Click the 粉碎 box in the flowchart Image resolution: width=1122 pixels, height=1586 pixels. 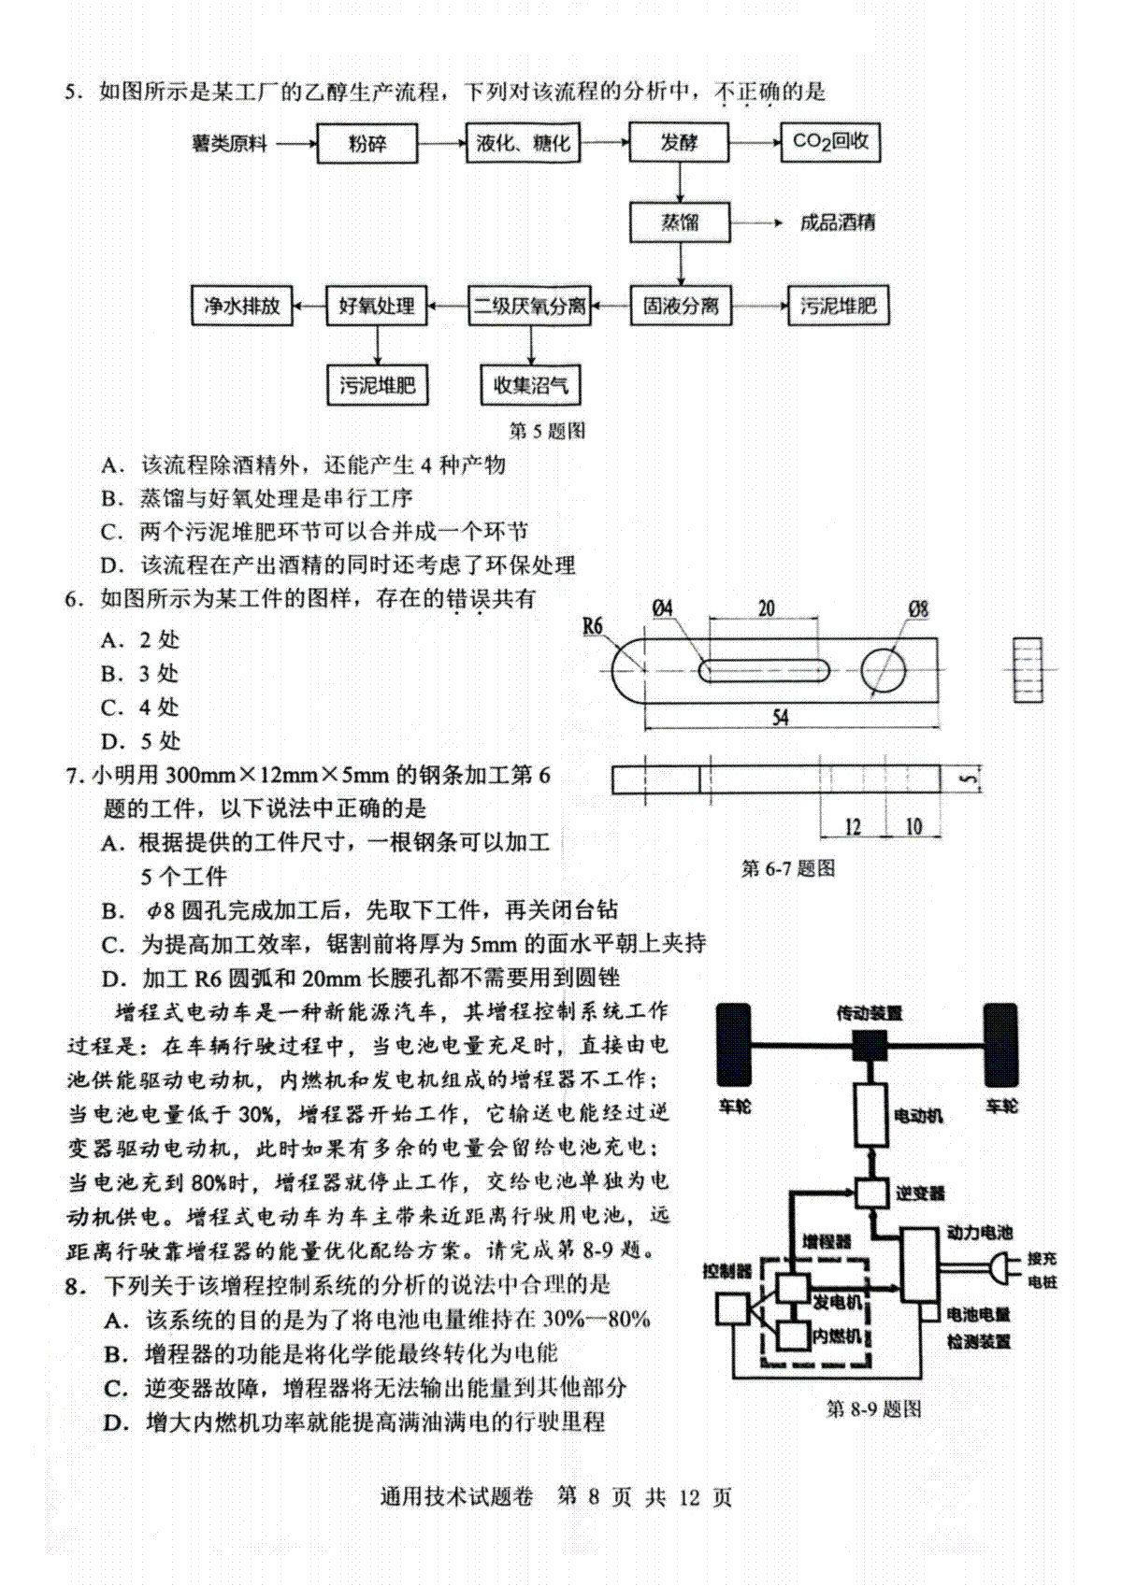pyautogui.click(x=367, y=144)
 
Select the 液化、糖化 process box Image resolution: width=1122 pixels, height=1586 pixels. pyautogui.click(x=523, y=143)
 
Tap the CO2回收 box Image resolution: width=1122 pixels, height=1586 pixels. pyautogui.click(x=830, y=142)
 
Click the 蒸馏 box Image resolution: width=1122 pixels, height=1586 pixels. pyautogui.click(x=680, y=222)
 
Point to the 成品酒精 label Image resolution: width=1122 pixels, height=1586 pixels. pyautogui.click(x=837, y=222)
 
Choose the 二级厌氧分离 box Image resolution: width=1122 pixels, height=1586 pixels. pyautogui.click(x=529, y=306)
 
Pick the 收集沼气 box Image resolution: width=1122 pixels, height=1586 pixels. pyautogui.click(x=530, y=385)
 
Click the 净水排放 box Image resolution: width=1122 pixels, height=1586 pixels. pyautogui.click(x=242, y=306)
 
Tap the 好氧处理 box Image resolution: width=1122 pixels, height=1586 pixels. pyautogui.click(x=376, y=306)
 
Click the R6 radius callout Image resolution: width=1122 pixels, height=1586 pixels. pyautogui.click(x=592, y=626)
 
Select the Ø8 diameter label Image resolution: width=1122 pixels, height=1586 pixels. pyautogui.click(x=918, y=609)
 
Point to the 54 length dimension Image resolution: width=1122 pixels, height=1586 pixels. pyautogui.click(x=780, y=717)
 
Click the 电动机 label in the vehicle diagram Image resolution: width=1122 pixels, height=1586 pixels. pyautogui.click(x=919, y=1116)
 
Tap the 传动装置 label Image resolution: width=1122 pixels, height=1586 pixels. pyautogui.click(x=870, y=1013)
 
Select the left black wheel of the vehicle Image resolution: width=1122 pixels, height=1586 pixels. pyautogui.click(x=734, y=1045)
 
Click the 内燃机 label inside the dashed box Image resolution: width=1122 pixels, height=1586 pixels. pyautogui.click(x=837, y=1336)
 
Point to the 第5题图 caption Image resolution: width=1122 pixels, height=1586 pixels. pyautogui.click(x=547, y=431)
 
